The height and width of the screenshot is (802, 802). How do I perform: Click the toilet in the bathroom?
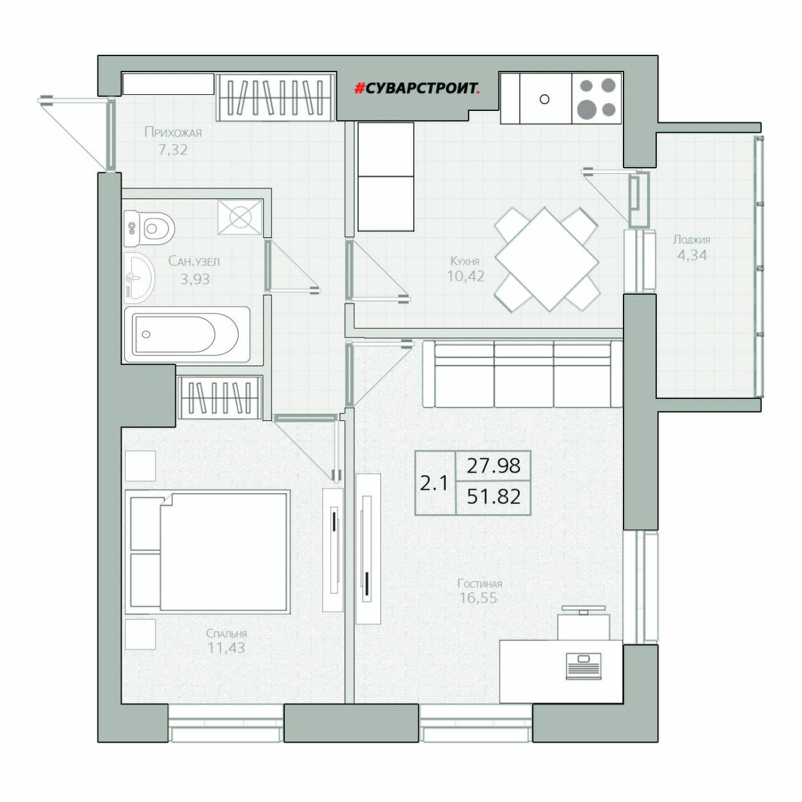(149, 228)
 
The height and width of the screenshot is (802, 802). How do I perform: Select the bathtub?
(187, 334)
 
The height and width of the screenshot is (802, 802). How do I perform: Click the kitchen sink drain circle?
(544, 99)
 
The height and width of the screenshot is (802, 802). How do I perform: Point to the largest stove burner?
(587, 109)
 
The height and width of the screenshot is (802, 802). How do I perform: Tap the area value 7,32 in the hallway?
(173, 149)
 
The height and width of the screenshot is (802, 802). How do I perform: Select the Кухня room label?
(465, 261)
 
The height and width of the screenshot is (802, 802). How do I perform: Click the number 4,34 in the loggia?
(692, 255)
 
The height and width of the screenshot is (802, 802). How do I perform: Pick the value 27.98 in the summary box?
(493, 466)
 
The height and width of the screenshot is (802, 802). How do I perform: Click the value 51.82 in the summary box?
(494, 497)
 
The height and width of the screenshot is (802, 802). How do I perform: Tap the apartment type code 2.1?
(434, 483)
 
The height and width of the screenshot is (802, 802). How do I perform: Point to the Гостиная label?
(479, 583)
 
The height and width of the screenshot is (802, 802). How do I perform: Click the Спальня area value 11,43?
(227, 648)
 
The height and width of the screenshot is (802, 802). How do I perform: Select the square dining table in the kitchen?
(547, 259)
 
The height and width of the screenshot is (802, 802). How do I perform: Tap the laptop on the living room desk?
(583, 667)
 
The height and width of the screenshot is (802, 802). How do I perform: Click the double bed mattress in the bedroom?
(224, 552)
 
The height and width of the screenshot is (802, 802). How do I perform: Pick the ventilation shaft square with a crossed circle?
(241, 217)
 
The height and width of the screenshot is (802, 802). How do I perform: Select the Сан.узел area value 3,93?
(194, 279)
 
